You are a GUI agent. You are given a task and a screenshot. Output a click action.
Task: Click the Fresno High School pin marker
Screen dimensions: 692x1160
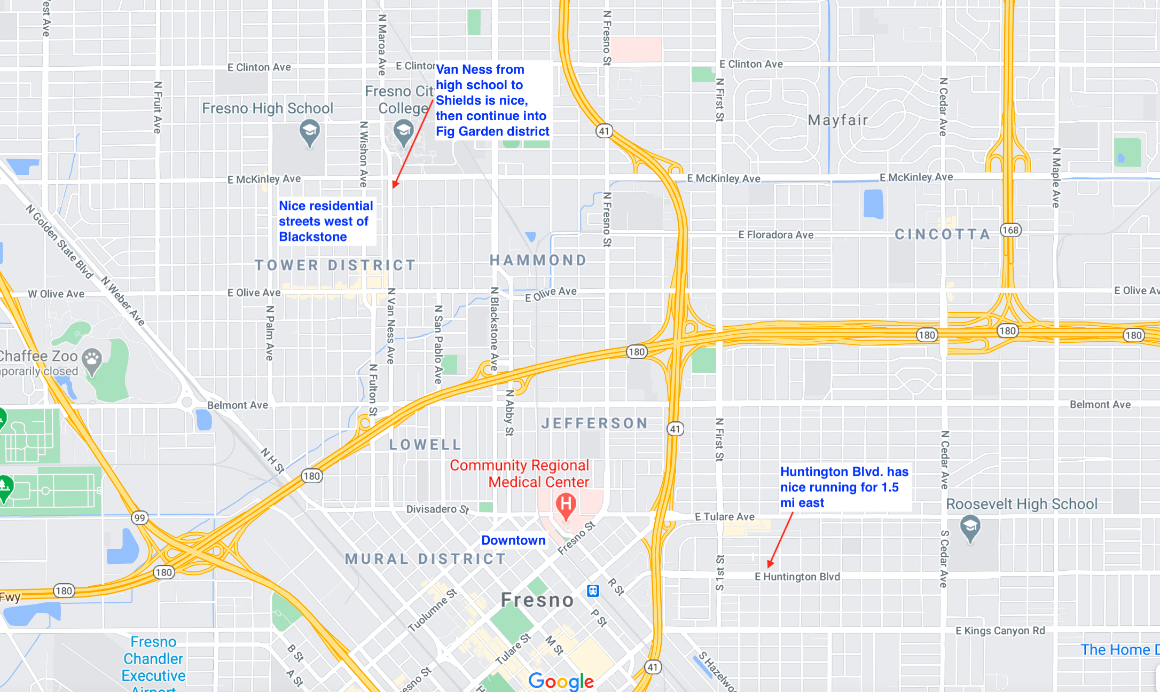[309, 131]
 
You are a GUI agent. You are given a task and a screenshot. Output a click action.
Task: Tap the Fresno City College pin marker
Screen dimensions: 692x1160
[403, 131]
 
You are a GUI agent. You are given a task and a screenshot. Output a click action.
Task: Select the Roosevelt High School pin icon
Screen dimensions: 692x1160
[970, 527]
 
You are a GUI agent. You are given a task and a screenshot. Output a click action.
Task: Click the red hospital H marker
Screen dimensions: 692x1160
[566, 504]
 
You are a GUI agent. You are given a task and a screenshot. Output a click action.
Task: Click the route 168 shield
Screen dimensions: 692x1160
[1010, 230]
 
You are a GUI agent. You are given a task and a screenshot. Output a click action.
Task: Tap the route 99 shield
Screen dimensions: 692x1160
[139, 517]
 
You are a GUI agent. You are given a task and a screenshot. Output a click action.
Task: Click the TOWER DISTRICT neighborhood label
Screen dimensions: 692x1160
[335, 265]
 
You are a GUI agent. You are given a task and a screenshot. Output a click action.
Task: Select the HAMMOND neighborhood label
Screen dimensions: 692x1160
[538, 260]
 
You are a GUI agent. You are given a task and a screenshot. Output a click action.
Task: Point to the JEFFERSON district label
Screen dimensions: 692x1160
[594, 423]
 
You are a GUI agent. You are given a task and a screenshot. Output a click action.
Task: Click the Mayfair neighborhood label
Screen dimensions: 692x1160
[838, 120]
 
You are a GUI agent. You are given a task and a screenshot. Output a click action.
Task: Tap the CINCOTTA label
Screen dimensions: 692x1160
[942, 234]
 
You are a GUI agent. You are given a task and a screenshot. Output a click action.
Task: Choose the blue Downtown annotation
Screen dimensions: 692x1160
[513, 540]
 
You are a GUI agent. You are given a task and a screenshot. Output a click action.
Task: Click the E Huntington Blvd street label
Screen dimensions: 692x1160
[797, 577]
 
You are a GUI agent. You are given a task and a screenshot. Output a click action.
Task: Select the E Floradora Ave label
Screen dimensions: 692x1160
[775, 235]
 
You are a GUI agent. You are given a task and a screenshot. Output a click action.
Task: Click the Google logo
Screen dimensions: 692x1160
[561, 681]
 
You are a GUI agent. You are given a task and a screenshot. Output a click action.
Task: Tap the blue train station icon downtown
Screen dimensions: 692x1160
[593, 591]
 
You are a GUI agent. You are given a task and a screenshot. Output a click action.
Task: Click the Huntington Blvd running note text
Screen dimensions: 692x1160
[844, 487]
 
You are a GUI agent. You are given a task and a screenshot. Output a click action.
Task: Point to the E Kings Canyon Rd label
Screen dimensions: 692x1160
[1000, 631]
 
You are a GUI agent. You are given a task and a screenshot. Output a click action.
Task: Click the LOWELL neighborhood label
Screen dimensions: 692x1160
[425, 444]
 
